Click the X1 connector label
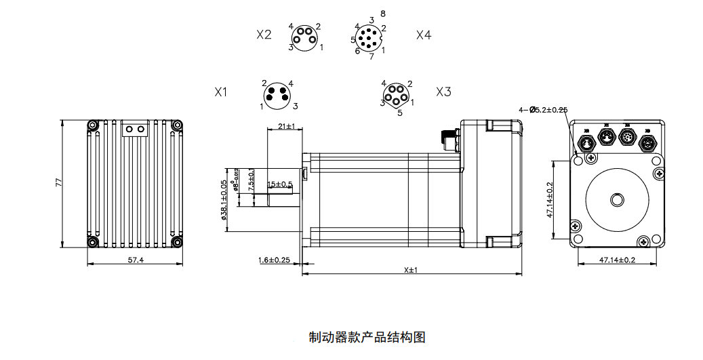click(x=221, y=92)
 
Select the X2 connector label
click(x=264, y=35)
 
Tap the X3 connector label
click(x=443, y=92)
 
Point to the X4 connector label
click(x=424, y=35)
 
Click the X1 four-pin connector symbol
click(x=277, y=94)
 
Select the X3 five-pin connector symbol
click(x=395, y=95)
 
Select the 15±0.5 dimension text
click(x=280, y=184)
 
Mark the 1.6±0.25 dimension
click(x=274, y=260)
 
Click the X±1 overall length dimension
click(x=410, y=269)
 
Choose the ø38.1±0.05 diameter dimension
click(x=224, y=200)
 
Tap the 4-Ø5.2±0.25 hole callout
click(x=542, y=109)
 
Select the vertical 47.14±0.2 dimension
click(x=550, y=200)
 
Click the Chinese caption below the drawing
click(x=367, y=337)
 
